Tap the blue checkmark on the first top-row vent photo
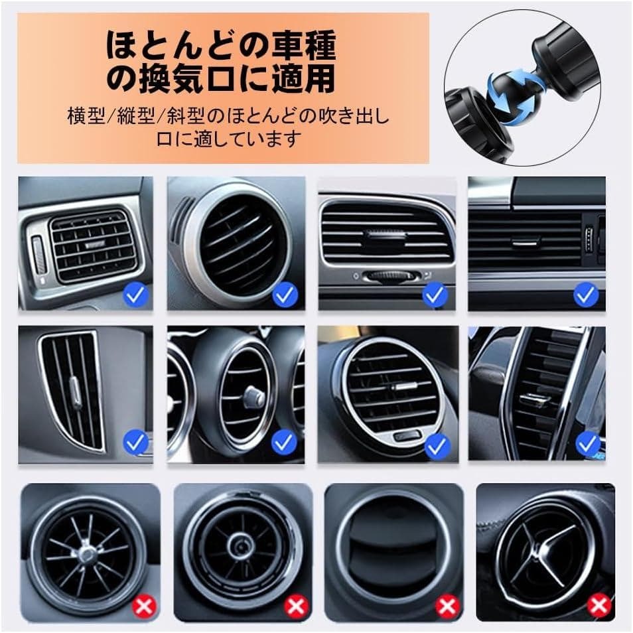135,295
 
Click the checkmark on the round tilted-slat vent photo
285,295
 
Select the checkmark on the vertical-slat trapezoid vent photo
135,443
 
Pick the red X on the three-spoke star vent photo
599,606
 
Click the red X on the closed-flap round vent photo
447,606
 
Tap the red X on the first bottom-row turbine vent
145,606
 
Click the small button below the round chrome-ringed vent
407,436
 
